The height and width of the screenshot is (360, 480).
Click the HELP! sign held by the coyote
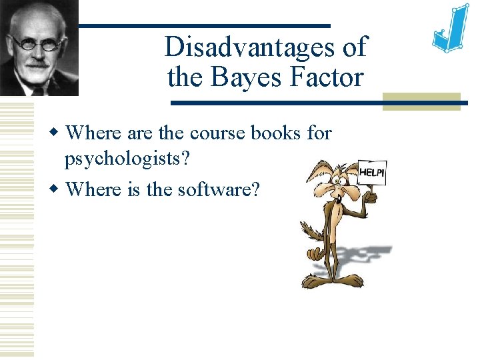point(372,172)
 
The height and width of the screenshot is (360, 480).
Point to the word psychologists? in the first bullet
point(121,160)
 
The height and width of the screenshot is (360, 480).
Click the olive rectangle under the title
point(421,101)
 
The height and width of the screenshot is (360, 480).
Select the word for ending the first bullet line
point(319,133)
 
